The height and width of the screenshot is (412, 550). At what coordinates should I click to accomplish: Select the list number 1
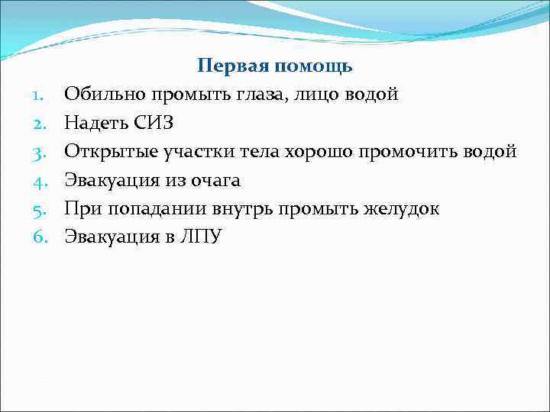[x=40, y=95]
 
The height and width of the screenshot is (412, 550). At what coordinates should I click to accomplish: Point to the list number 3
[x=40, y=152]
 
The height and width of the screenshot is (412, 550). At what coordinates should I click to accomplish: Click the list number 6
[x=40, y=237]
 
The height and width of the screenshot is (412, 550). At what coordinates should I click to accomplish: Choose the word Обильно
[x=102, y=95]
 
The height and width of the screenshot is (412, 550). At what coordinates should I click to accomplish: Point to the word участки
[x=193, y=152]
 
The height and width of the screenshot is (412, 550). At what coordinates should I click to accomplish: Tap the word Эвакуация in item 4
[x=108, y=180]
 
